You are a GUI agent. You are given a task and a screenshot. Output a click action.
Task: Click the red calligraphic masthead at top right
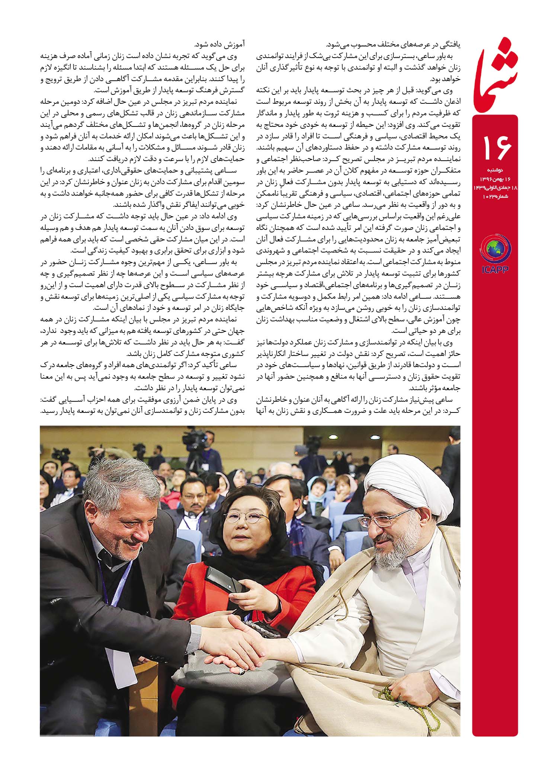pos(495,74)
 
